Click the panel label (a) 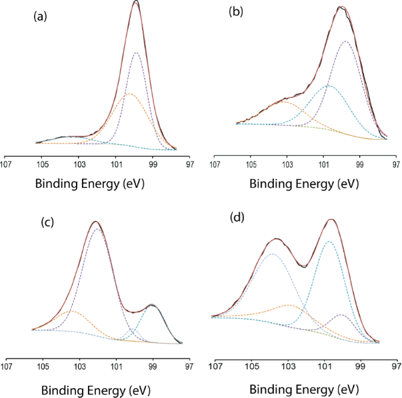tap(41, 19)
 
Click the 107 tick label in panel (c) tap(7, 365)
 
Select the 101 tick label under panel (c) tap(117, 365)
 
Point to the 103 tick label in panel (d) tap(288, 365)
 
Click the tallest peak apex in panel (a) tap(136, 2)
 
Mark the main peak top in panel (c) tap(96, 222)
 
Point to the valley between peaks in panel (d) tap(304, 267)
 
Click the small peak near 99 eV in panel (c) tap(153, 305)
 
